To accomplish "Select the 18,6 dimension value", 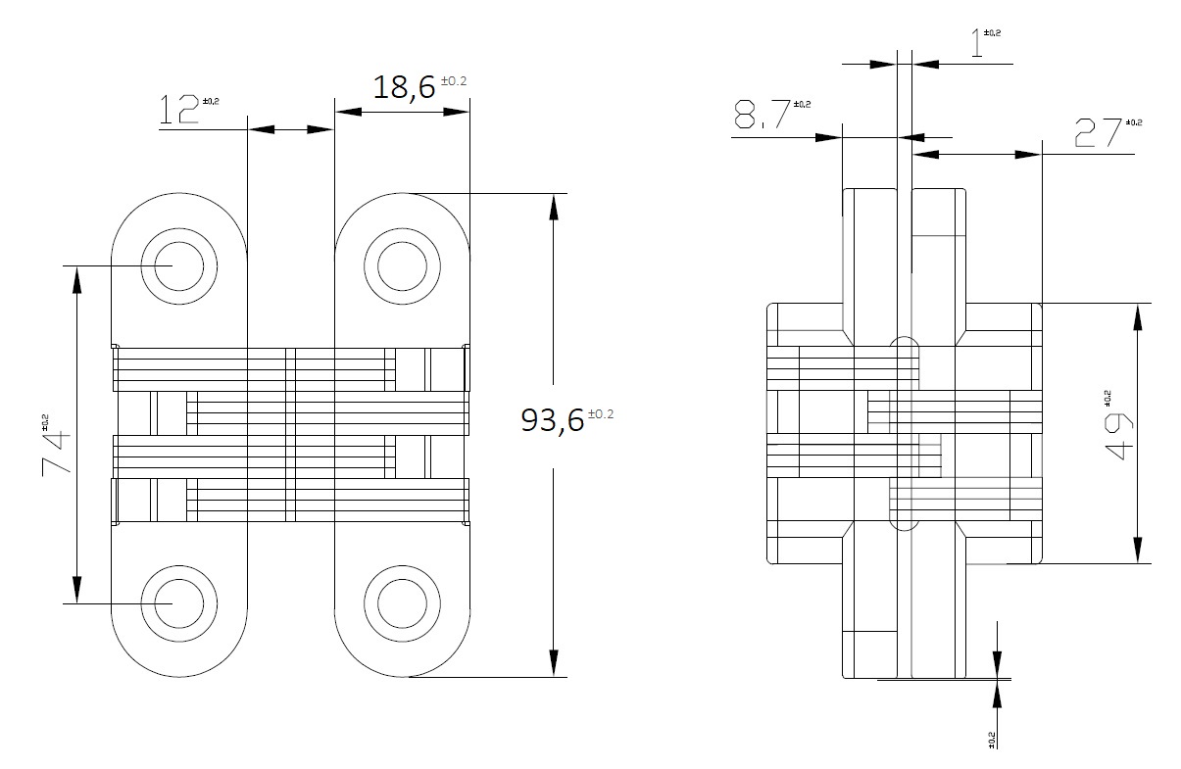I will coord(403,87).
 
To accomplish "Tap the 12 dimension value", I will coord(178,110).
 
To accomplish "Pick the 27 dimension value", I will coord(1097,132).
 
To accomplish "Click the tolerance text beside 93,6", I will coord(600,413).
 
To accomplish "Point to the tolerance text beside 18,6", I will coord(454,80).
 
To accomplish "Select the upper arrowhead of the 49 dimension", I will coord(1137,313).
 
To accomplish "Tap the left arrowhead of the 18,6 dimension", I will coord(344,111).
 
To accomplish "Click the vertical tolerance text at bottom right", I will coord(992,740).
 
